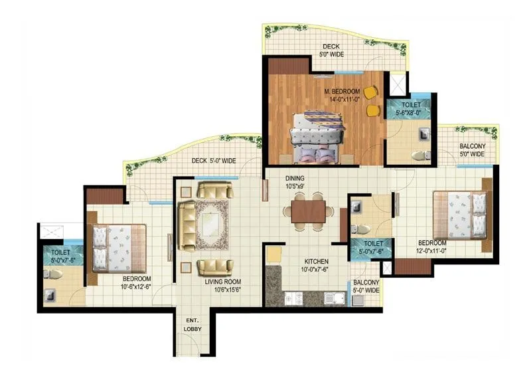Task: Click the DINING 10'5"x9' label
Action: click(x=296, y=182)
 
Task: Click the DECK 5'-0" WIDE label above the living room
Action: click(x=213, y=161)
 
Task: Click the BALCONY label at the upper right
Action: click(x=471, y=150)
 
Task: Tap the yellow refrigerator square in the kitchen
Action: click(x=273, y=254)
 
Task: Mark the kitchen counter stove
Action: click(x=293, y=299)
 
